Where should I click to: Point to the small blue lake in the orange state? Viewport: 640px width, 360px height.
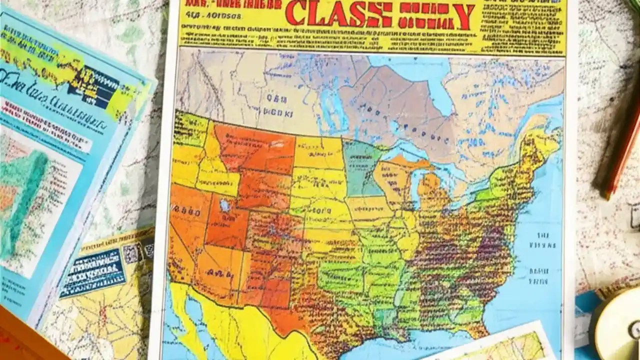[x=225, y=205]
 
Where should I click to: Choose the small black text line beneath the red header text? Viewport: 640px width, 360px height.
[x=210, y=16]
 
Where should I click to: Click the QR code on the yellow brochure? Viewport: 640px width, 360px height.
[x=131, y=254]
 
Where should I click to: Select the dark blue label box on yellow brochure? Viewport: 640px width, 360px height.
[x=92, y=272]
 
